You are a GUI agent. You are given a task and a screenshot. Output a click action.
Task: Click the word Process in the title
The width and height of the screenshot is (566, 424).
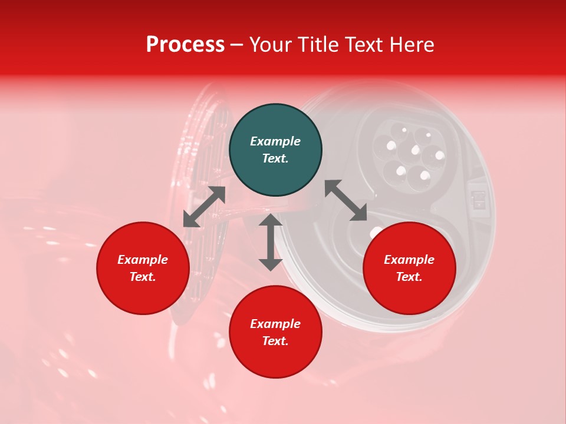coord(185,45)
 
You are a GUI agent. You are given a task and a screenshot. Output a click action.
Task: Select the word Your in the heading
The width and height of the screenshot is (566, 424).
coord(271,45)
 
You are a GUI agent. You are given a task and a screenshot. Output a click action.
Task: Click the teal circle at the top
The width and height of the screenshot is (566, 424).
coord(275,150)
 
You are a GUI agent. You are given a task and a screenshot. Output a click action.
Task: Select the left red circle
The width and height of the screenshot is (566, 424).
coord(143,268)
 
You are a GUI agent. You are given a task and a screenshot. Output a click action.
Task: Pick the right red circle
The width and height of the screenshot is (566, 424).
coord(409,268)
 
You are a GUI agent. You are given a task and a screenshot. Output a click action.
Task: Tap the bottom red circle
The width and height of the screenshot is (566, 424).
coord(275,332)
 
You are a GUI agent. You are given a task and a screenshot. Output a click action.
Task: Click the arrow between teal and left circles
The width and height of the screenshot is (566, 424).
coord(204,207)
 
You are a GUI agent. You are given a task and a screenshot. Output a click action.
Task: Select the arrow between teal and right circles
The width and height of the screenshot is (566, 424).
coord(346,200)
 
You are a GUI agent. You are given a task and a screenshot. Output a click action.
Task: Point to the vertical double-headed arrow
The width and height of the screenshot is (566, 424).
coord(271,243)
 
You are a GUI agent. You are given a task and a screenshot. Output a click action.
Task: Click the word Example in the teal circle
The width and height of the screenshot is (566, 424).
coord(275,141)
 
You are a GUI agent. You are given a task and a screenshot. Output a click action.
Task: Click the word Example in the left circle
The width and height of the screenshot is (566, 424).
coord(143,260)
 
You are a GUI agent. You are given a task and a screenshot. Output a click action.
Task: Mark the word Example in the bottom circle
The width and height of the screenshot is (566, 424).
coord(275,324)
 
